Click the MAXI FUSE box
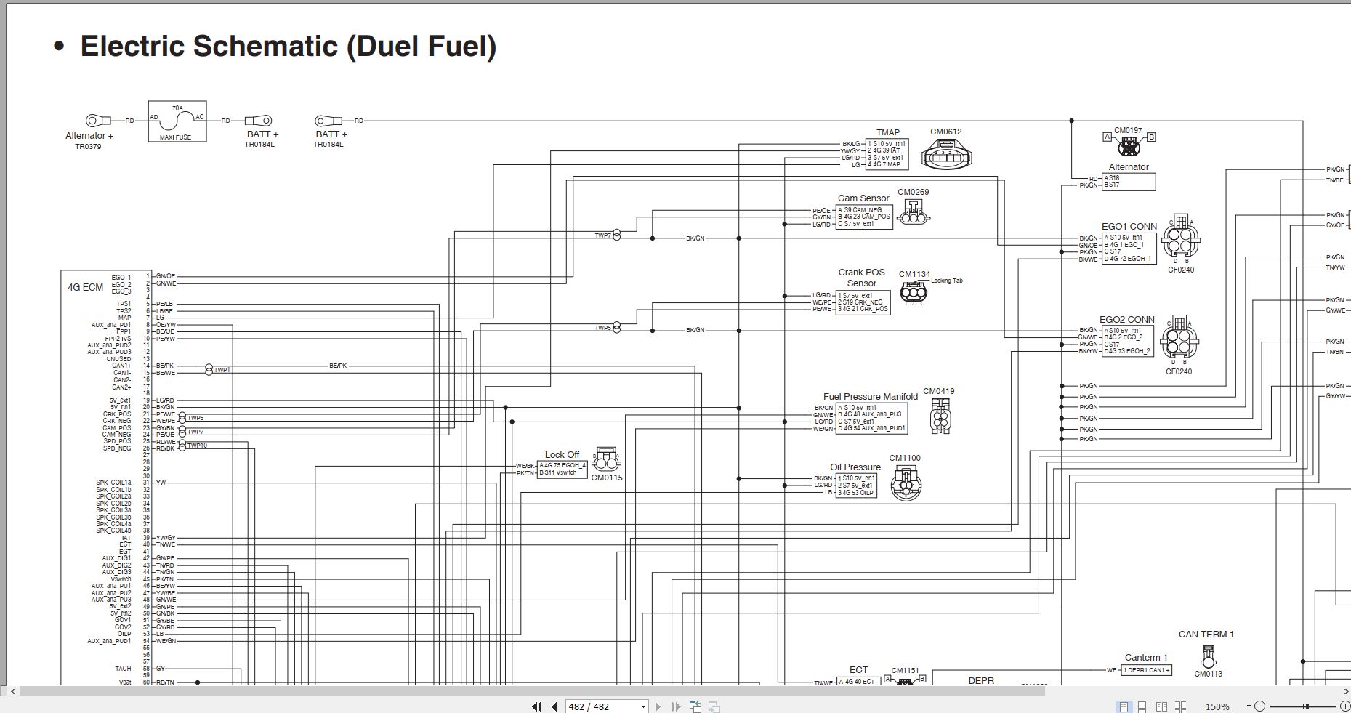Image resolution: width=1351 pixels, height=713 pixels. pyautogui.click(x=177, y=121)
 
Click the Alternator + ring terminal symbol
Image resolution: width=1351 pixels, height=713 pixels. pyautogui.click(x=94, y=121)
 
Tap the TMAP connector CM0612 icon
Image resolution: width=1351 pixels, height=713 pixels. pyautogui.click(x=946, y=154)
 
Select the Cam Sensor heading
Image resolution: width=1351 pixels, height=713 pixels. pyautogui.click(x=863, y=198)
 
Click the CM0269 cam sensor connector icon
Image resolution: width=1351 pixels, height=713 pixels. pyautogui.click(x=914, y=213)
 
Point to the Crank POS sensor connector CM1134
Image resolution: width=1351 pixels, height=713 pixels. pyautogui.click(x=914, y=293)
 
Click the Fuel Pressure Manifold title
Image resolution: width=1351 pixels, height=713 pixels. pyautogui.click(x=870, y=397)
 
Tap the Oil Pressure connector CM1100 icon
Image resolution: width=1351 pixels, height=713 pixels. pyautogui.click(x=906, y=483)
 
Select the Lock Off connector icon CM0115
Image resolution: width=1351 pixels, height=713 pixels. pyautogui.click(x=606, y=460)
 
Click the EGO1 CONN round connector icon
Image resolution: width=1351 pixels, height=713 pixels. pyautogui.click(x=1180, y=239)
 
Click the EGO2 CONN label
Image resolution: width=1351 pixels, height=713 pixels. pyautogui.click(x=1126, y=320)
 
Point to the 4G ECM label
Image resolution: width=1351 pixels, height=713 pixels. pyautogui.click(x=86, y=287)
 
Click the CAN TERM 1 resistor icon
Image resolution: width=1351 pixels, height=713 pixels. pyautogui.click(x=1208, y=657)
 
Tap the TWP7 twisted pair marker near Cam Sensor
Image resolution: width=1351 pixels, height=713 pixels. pyautogui.click(x=616, y=235)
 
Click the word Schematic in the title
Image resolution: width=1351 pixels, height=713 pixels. pyautogui.click(x=266, y=47)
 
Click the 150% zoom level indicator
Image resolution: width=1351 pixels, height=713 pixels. pyautogui.click(x=1217, y=706)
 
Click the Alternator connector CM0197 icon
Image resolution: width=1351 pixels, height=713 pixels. pyautogui.click(x=1129, y=147)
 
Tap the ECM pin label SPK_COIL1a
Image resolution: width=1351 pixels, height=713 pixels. pyautogui.click(x=113, y=483)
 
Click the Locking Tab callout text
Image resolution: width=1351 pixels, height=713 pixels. pyautogui.click(x=946, y=281)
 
